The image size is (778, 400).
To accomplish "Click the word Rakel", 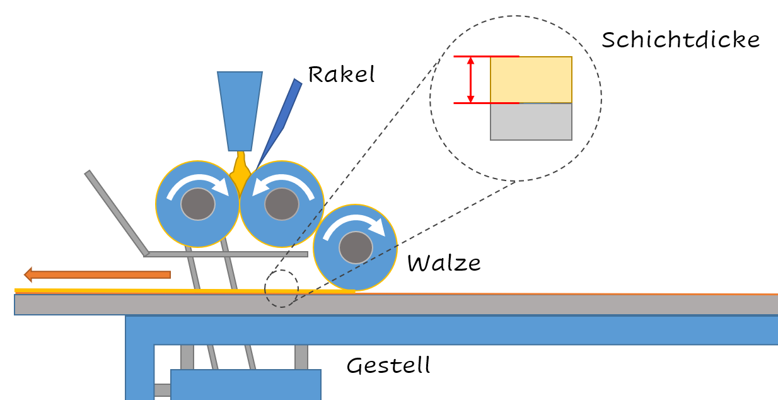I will (x=341, y=74).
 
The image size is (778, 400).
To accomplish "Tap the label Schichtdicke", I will (x=680, y=40).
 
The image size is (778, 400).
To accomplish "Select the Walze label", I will (x=444, y=262).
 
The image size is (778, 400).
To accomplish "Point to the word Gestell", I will (x=388, y=365).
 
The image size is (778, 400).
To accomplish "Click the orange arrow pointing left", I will (x=98, y=274).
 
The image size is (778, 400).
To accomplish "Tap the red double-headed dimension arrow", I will (x=470, y=79).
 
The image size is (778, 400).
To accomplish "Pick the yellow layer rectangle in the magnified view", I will (x=531, y=79).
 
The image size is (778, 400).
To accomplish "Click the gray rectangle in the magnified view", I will (x=531, y=121).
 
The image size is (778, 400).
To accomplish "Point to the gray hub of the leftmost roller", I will (x=197, y=204).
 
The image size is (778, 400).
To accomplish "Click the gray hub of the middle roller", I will (x=281, y=204).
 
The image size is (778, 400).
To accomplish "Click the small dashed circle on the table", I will (x=281, y=289).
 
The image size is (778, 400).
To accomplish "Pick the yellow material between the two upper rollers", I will (x=240, y=173).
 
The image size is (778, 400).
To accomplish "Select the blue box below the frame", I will (x=246, y=384).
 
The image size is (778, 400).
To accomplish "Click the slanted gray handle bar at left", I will (x=117, y=213).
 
